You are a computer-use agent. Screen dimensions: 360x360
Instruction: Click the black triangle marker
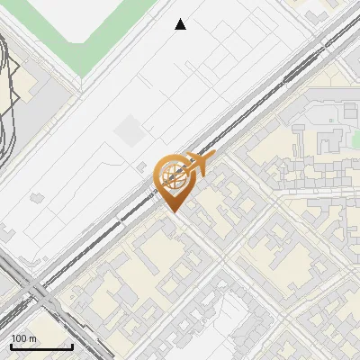coord(181,24)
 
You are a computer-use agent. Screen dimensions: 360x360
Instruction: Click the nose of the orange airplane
coord(214,156)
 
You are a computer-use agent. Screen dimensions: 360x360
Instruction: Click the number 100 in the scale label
coord(20,339)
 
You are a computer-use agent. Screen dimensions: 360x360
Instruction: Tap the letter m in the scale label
coord(33,339)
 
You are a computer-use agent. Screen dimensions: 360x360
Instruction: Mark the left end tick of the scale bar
coord(11,346)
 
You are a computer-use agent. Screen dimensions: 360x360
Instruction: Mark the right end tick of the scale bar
coord(72,346)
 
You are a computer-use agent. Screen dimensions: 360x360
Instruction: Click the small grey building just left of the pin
coord(142,166)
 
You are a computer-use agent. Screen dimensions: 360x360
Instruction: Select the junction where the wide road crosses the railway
coord(38,290)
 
